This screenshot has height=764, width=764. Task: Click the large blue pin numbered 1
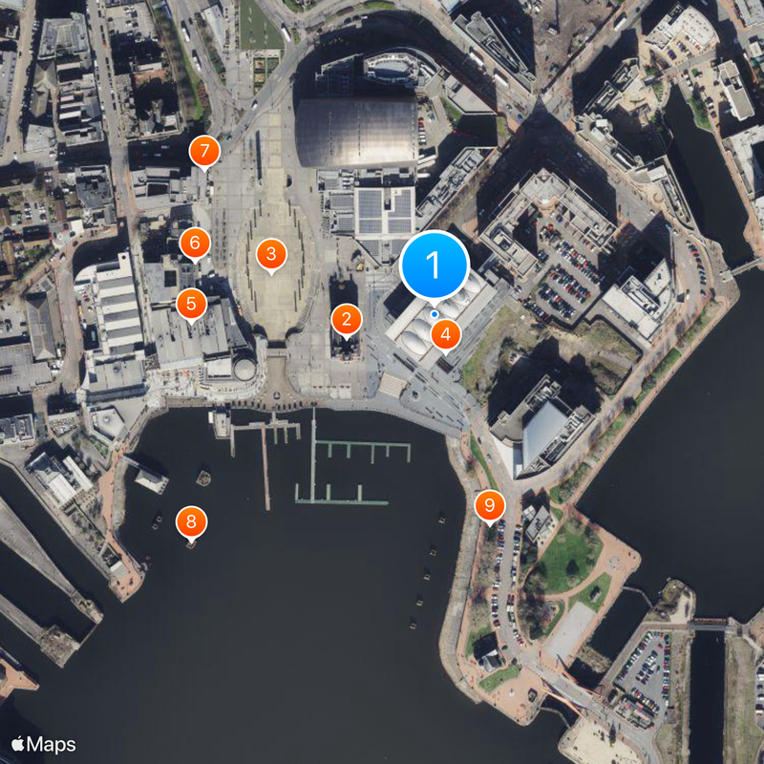(x=435, y=263)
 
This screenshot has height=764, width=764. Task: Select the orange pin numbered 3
(x=271, y=254)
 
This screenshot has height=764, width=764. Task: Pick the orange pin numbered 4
(x=445, y=335)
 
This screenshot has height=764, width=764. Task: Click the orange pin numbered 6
(x=194, y=242)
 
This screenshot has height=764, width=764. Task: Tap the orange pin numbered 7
(x=203, y=151)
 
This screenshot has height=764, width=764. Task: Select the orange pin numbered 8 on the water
(x=191, y=521)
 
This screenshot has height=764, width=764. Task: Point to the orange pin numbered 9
(x=490, y=504)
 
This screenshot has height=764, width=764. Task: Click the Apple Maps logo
(x=44, y=744)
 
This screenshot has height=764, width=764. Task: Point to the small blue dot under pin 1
(x=435, y=313)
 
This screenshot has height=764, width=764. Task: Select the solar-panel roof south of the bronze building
(x=384, y=212)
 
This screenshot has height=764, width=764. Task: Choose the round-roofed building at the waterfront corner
(x=244, y=369)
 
